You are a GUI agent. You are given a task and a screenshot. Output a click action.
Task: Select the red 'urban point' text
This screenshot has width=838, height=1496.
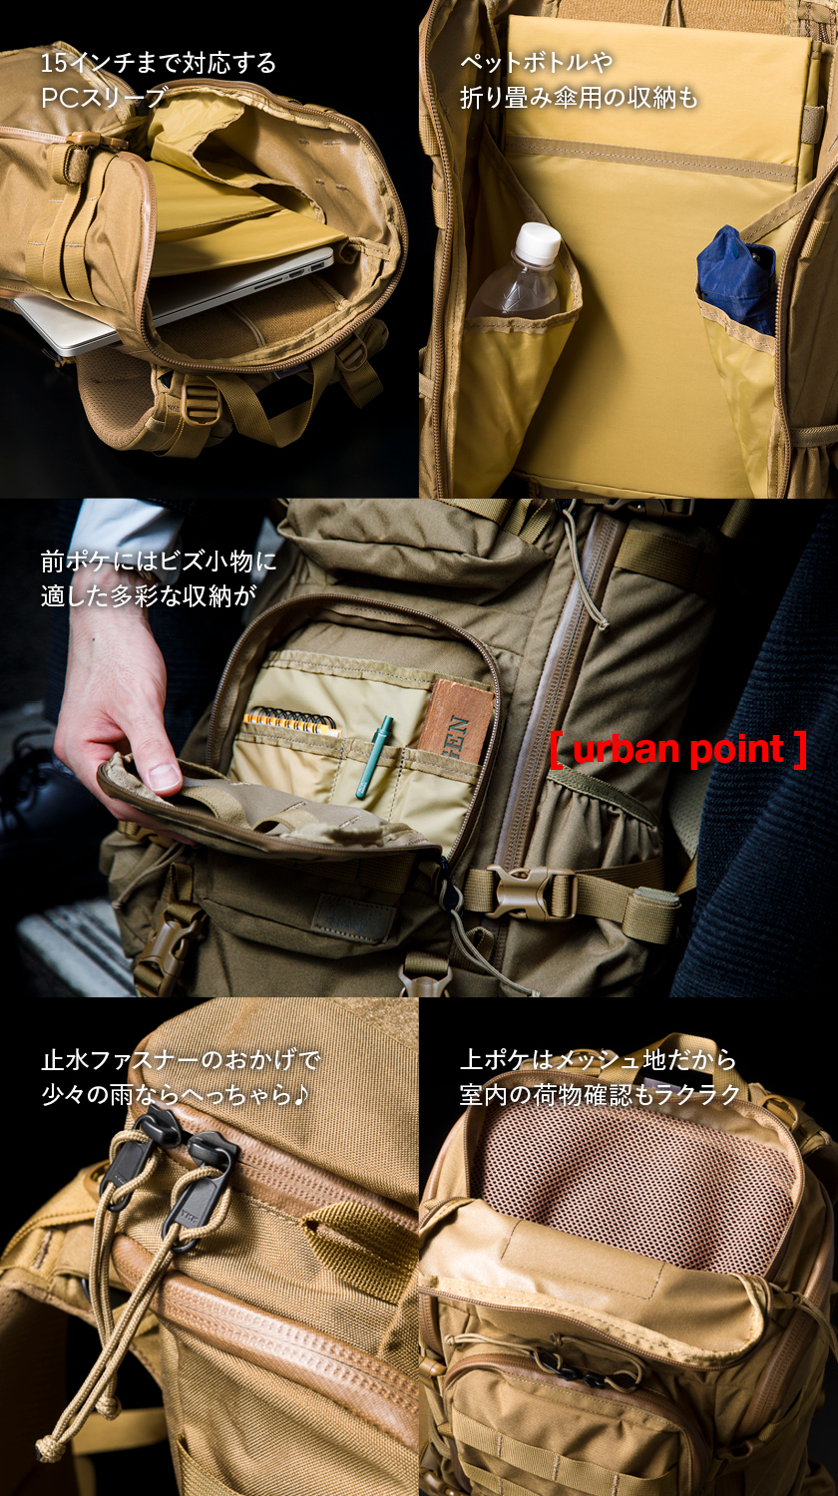pyautogui.click(x=678, y=749)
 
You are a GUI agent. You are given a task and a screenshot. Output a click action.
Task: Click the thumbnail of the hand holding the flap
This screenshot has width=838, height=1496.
pyautogui.click(x=165, y=777)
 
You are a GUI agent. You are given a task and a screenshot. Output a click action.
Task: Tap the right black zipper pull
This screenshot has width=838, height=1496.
pyautogui.click(x=201, y=1176)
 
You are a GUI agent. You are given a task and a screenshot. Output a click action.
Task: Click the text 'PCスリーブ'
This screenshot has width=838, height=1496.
pyautogui.click(x=104, y=98)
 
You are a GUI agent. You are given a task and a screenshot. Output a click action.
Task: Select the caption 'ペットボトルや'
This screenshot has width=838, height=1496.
pyautogui.click(x=537, y=63)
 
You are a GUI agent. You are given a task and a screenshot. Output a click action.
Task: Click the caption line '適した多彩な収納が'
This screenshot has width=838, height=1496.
pyautogui.click(x=149, y=595)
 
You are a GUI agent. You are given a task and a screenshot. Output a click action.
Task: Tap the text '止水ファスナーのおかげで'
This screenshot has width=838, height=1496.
pyautogui.click(x=182, y=1060)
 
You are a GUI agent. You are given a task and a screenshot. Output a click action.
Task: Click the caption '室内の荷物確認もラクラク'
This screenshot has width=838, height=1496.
pyautogui.click(x=601, y=1095)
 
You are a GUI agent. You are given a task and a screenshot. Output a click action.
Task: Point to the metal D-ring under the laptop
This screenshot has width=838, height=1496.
pyautogui.click(x=205, y=399)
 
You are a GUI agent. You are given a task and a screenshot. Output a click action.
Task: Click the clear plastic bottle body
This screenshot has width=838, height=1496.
pyautogui.click(x=516, y=286)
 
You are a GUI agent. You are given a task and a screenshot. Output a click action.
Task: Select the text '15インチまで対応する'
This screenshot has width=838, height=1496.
pyautogui.click(x=159, y=64)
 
